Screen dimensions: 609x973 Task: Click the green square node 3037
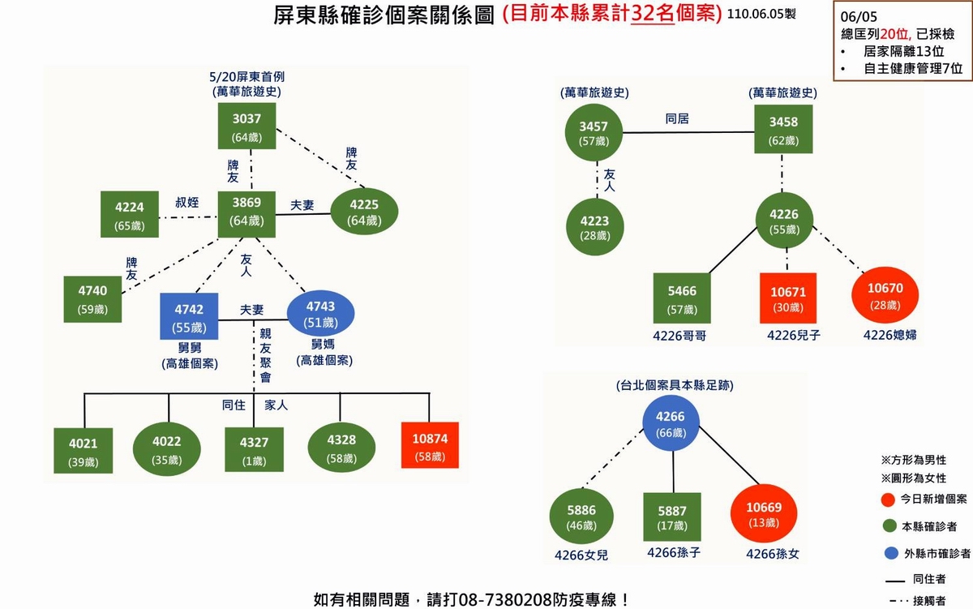(x=246, y=126)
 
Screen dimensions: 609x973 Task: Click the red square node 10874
(x=430, y=445)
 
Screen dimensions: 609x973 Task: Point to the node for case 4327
(x=253, y=448)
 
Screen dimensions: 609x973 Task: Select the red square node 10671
(x=787, y=298)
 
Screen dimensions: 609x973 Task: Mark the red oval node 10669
(x=764, y=514)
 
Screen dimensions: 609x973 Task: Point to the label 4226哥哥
(x=682, y=334)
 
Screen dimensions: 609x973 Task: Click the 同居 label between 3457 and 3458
(x=676, y=118)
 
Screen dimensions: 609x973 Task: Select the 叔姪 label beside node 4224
(x=187, y=202)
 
